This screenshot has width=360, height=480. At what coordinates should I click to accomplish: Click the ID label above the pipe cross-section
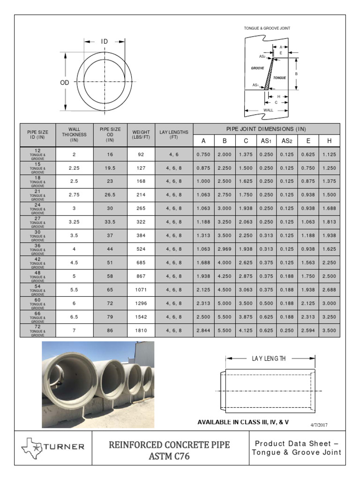tap(104, 42)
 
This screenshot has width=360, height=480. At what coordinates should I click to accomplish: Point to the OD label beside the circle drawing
tap(65, 82)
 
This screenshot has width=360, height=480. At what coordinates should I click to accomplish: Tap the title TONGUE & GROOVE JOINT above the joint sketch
tap(267, 28)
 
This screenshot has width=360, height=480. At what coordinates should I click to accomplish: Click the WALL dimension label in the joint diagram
tap(268, 110)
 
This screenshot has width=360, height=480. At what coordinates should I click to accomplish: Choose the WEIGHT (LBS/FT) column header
tap(141, 135)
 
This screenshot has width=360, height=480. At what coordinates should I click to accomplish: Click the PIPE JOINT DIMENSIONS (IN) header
tap(266, 129)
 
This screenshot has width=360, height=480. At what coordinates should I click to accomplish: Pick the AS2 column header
tap(287, 141)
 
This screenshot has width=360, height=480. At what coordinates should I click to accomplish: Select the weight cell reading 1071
tap(141, 290)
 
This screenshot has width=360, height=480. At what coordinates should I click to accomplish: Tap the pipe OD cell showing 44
tap(110, 249)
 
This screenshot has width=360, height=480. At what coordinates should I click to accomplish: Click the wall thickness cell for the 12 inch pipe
tap(74, 154)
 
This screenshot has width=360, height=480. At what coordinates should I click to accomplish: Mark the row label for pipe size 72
tap(37, 330)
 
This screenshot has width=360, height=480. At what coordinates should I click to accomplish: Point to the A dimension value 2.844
tap(203, 330)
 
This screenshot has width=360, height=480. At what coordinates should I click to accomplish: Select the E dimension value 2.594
tap(308, 330)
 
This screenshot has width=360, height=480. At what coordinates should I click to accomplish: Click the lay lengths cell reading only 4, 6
tap(173, 154)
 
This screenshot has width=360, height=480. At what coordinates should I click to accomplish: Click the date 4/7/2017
tap(319, 425)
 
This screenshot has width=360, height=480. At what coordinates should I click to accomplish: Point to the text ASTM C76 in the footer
tap(169, 456)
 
